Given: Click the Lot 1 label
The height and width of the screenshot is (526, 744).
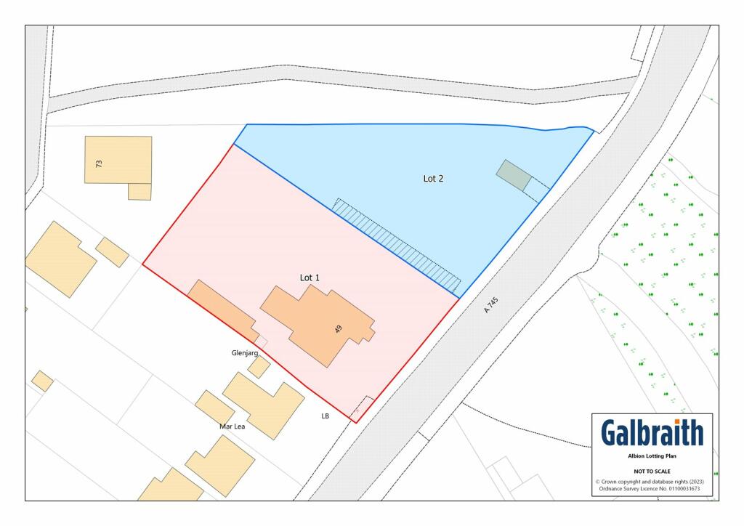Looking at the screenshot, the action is (x=310, y=278).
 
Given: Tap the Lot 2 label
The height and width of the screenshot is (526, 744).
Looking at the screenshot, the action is (x=433, y=178).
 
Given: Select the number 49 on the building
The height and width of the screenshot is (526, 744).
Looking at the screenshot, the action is (x=338, y=329).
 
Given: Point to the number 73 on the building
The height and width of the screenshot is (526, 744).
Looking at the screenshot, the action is (x=99, y=163).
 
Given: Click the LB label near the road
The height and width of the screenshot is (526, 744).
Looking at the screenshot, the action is (x=325, y=416).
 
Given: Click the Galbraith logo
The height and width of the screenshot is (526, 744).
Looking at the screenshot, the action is (x=652, y=434).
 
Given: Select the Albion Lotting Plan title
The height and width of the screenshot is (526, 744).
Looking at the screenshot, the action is (x=652, y=457).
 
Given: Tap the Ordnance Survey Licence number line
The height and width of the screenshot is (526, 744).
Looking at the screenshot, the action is (x=652, y=488).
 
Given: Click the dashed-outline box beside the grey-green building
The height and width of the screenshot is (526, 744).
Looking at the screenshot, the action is (x=537, y=190).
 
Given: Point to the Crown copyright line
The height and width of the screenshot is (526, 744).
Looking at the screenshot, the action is (x=652, y=482).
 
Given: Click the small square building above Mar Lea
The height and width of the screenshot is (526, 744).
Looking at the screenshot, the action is (x=259, y=367).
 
